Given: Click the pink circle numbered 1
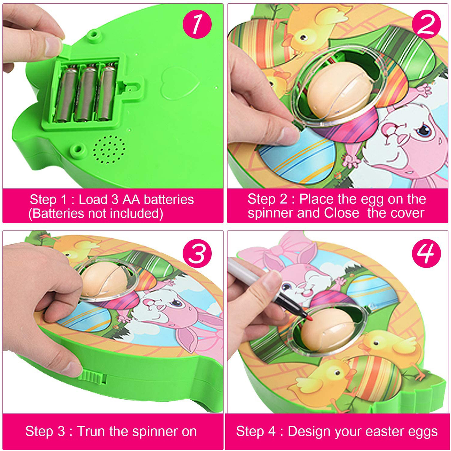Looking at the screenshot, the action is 197,24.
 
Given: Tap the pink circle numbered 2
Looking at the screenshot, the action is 426,24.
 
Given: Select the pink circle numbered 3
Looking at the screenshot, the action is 197,253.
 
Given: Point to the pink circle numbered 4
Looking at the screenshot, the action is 426,253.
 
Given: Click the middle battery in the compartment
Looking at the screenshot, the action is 87,93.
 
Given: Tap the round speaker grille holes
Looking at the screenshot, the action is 109,149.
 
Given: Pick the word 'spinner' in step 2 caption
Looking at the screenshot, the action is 271,213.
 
